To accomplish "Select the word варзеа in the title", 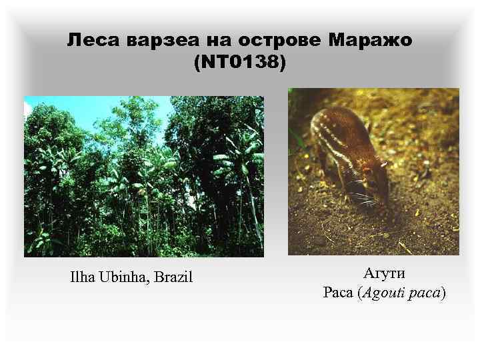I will (151, 41).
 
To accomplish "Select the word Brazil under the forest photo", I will (173, 276).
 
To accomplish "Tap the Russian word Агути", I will (384, 273).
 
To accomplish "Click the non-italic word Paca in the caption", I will (337, 293).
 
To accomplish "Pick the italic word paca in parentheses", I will (426, 293).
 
